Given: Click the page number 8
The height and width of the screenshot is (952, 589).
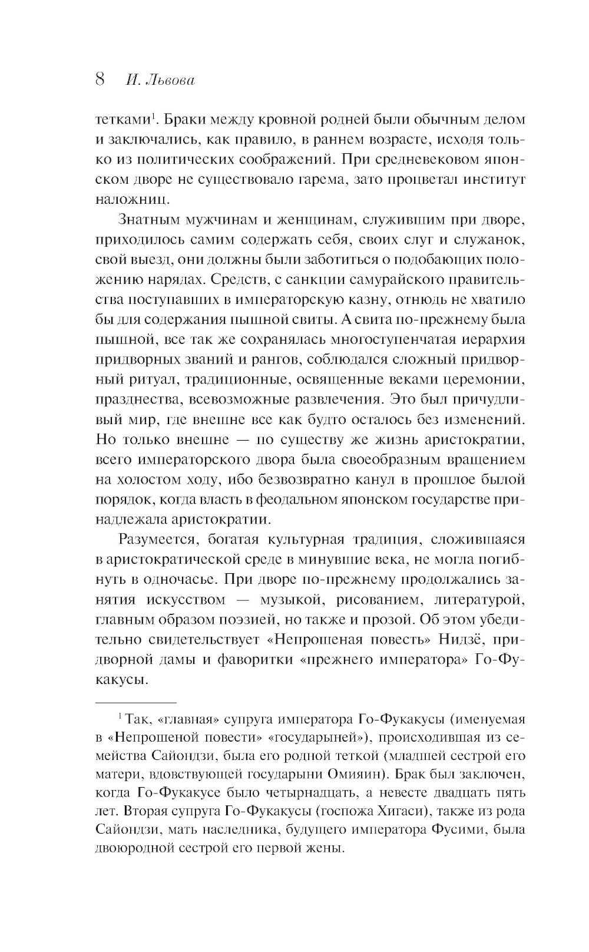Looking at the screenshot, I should [100, 80].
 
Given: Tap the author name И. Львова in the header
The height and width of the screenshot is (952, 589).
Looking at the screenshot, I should [160, 80].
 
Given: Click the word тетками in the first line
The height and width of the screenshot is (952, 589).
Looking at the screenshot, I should [121, 120].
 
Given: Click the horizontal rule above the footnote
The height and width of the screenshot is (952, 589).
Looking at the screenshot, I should [135, 702].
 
